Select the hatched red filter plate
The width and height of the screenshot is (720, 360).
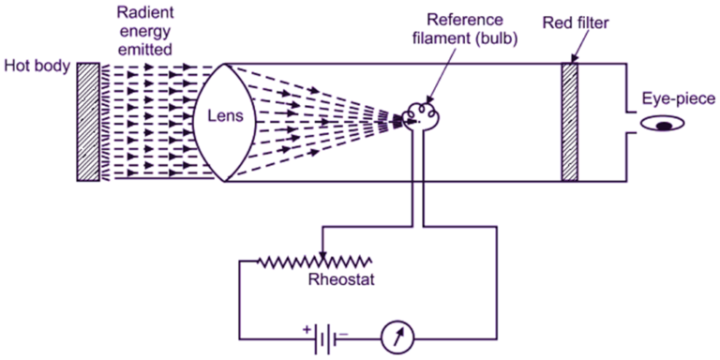568,122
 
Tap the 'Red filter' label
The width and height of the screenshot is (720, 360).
579,21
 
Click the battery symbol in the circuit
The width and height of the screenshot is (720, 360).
322,336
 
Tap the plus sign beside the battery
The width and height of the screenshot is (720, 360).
306,327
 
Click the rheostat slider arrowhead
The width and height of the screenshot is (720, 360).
323,250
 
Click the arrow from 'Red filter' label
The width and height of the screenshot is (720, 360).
572,46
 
